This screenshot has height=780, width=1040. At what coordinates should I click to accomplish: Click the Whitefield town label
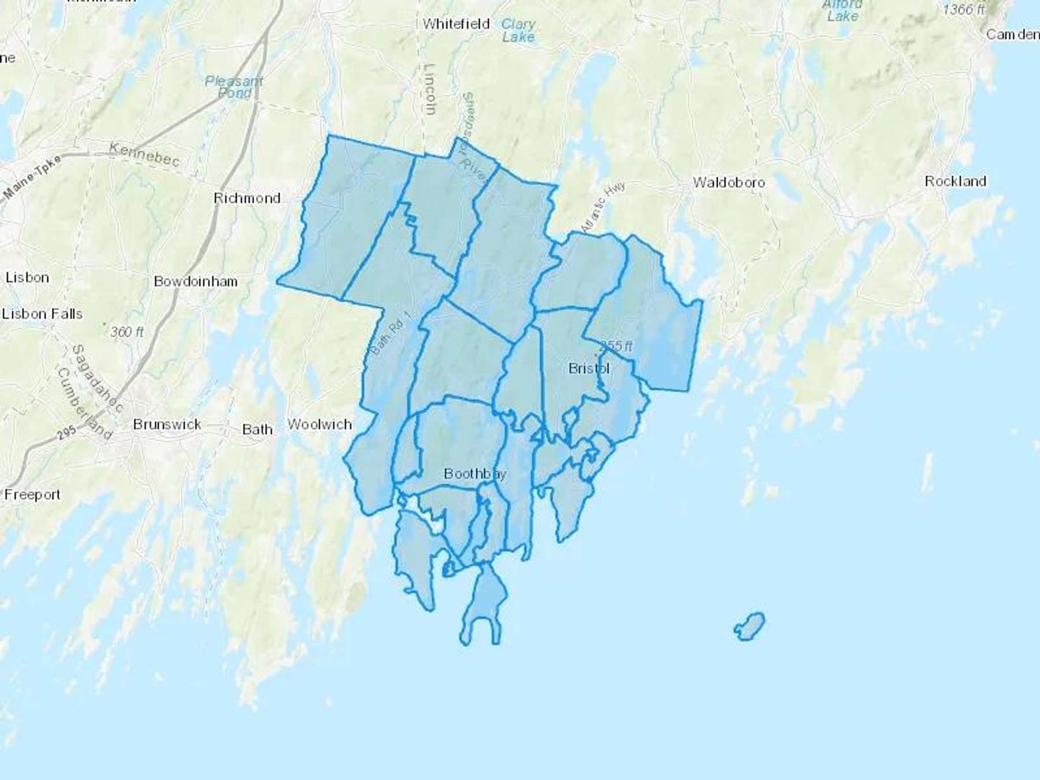click(456, 24)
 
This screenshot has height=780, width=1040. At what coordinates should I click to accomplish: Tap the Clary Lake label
click(518, 31)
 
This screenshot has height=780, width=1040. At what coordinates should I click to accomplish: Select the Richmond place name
click(247, 198)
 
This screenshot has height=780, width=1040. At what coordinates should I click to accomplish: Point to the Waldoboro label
click(729, 183)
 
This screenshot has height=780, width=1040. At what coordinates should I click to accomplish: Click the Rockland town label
click(955, 181)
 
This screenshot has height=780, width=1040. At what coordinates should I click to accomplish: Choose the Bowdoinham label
click(195, 281)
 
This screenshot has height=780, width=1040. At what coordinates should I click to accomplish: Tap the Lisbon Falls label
click(42, 314)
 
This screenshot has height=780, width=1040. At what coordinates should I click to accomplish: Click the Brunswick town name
click(167, 424)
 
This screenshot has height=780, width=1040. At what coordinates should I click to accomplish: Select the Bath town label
click(257, 429)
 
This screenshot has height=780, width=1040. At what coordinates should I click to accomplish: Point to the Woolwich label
click(320, 424)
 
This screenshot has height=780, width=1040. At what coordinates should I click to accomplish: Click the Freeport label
click(32, 495)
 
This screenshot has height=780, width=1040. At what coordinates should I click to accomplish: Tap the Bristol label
click(589, 368)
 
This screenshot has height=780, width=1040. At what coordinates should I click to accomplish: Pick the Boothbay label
click(475, 474)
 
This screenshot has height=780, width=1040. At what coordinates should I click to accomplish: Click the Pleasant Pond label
click(234, 87)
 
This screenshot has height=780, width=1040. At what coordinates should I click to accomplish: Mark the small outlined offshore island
click(749, 627)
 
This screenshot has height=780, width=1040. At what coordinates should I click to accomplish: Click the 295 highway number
click(66, 433)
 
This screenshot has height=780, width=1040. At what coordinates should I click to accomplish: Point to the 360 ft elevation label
click(127, 332)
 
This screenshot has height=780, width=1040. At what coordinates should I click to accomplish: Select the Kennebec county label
click(144, 154)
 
